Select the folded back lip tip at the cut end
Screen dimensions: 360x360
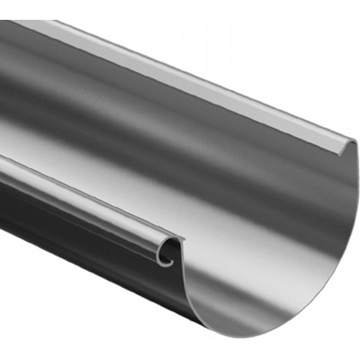tap(349, 147)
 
